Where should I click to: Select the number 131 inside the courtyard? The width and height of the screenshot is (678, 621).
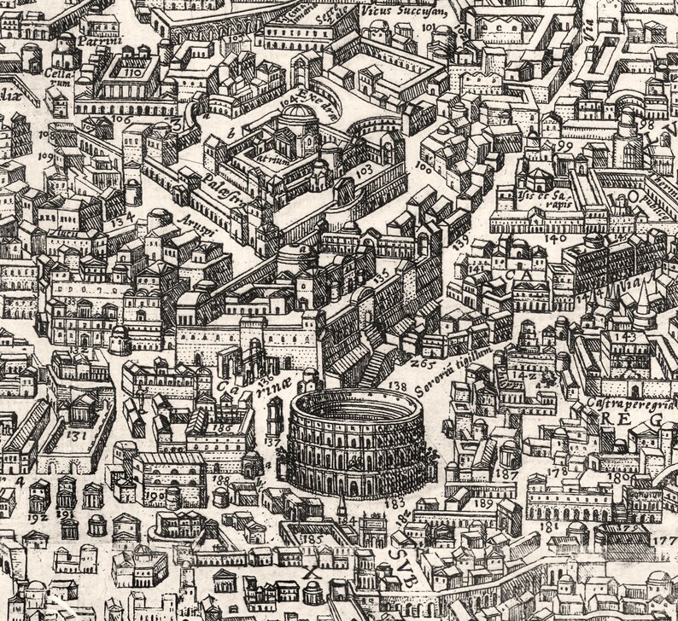pyautogui.click(x=76, y=435)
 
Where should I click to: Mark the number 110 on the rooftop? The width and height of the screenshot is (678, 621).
pyautogui.click(x=129, y=74)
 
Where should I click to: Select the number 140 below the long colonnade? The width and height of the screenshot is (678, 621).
pyautogui.click(x=554, y=239)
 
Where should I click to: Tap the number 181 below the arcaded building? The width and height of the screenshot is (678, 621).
pyautogui.click(x=546, y=526)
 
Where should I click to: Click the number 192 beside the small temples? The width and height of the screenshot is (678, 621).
pyautogui.click(x=38, y=517)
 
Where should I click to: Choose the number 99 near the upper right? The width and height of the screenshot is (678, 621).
pyautogui.click(x=564, y=146)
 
